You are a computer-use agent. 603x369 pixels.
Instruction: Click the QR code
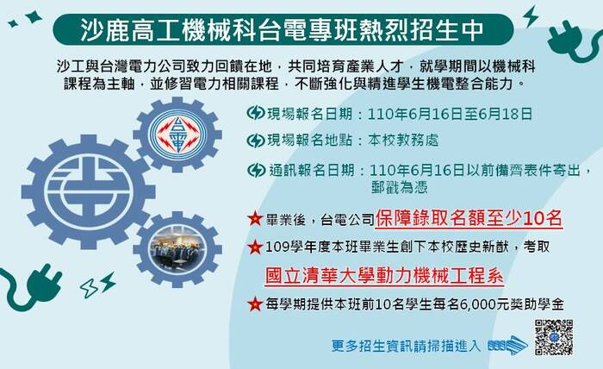[554, 337]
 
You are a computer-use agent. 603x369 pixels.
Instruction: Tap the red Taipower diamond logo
[177, 134]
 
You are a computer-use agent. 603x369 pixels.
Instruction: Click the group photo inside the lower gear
[177, 249]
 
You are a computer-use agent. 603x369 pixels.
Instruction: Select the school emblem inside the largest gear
[89, 191]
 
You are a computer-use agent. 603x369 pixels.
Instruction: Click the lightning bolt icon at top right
[531, 16]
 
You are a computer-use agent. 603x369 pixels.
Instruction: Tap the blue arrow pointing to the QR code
[508, 345]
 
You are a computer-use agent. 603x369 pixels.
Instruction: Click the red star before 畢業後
[255, 218]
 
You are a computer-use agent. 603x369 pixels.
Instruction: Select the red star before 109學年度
[255, 247]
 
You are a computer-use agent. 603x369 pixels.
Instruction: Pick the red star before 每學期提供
[255, 304]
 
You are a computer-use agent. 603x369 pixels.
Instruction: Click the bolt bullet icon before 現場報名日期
[255, 113]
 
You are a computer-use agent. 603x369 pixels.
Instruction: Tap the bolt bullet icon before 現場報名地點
[255, 141]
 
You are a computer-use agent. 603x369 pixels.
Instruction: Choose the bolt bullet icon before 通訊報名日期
[256, 170]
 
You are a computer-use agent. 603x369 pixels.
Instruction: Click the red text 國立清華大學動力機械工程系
[384, 275]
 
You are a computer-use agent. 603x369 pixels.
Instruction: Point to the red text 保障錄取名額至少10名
[469, 218]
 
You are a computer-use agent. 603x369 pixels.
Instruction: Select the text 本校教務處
[403, 141]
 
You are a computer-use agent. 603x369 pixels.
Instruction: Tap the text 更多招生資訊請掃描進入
[406, 346]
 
